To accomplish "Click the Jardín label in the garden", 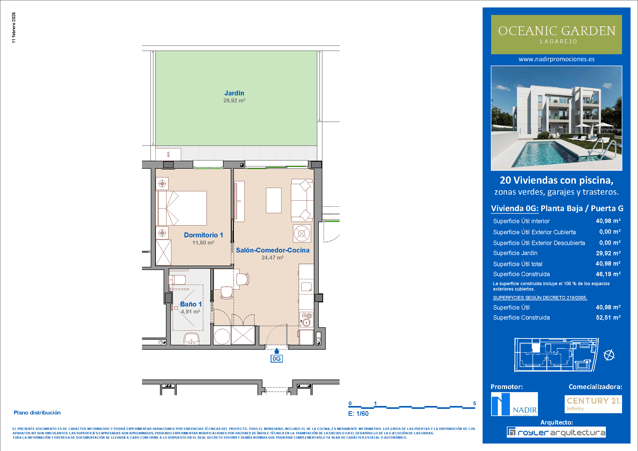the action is tap(234, 93).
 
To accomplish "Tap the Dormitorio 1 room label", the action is tap(203, 235).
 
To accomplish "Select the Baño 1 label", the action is tap(191, 304).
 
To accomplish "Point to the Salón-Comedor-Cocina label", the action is tap(273, 250).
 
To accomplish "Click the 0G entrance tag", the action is tap(277, 358).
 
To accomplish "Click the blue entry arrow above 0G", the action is tap(277, 351).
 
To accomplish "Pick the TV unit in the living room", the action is tap(240, 201).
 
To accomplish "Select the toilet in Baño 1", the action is tap(177, 279).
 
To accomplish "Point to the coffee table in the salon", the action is tap(274, 200).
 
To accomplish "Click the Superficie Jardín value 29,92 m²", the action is tap(608, 253).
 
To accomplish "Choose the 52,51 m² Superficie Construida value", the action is tap(608, 317).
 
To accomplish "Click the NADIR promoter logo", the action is tap(514, 404).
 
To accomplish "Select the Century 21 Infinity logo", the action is tap(593, 404).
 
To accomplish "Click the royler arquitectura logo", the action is tap(556, 432).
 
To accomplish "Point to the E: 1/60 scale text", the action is tap(358, 413).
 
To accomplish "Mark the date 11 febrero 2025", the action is tap(14, 28).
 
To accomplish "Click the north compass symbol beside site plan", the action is tap(609, 355).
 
